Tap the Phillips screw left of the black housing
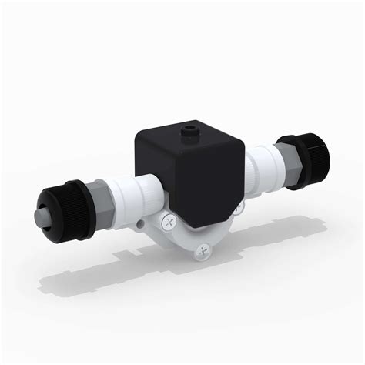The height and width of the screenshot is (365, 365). coord(167,223)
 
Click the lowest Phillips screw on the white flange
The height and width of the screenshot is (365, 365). coord(203,249)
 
